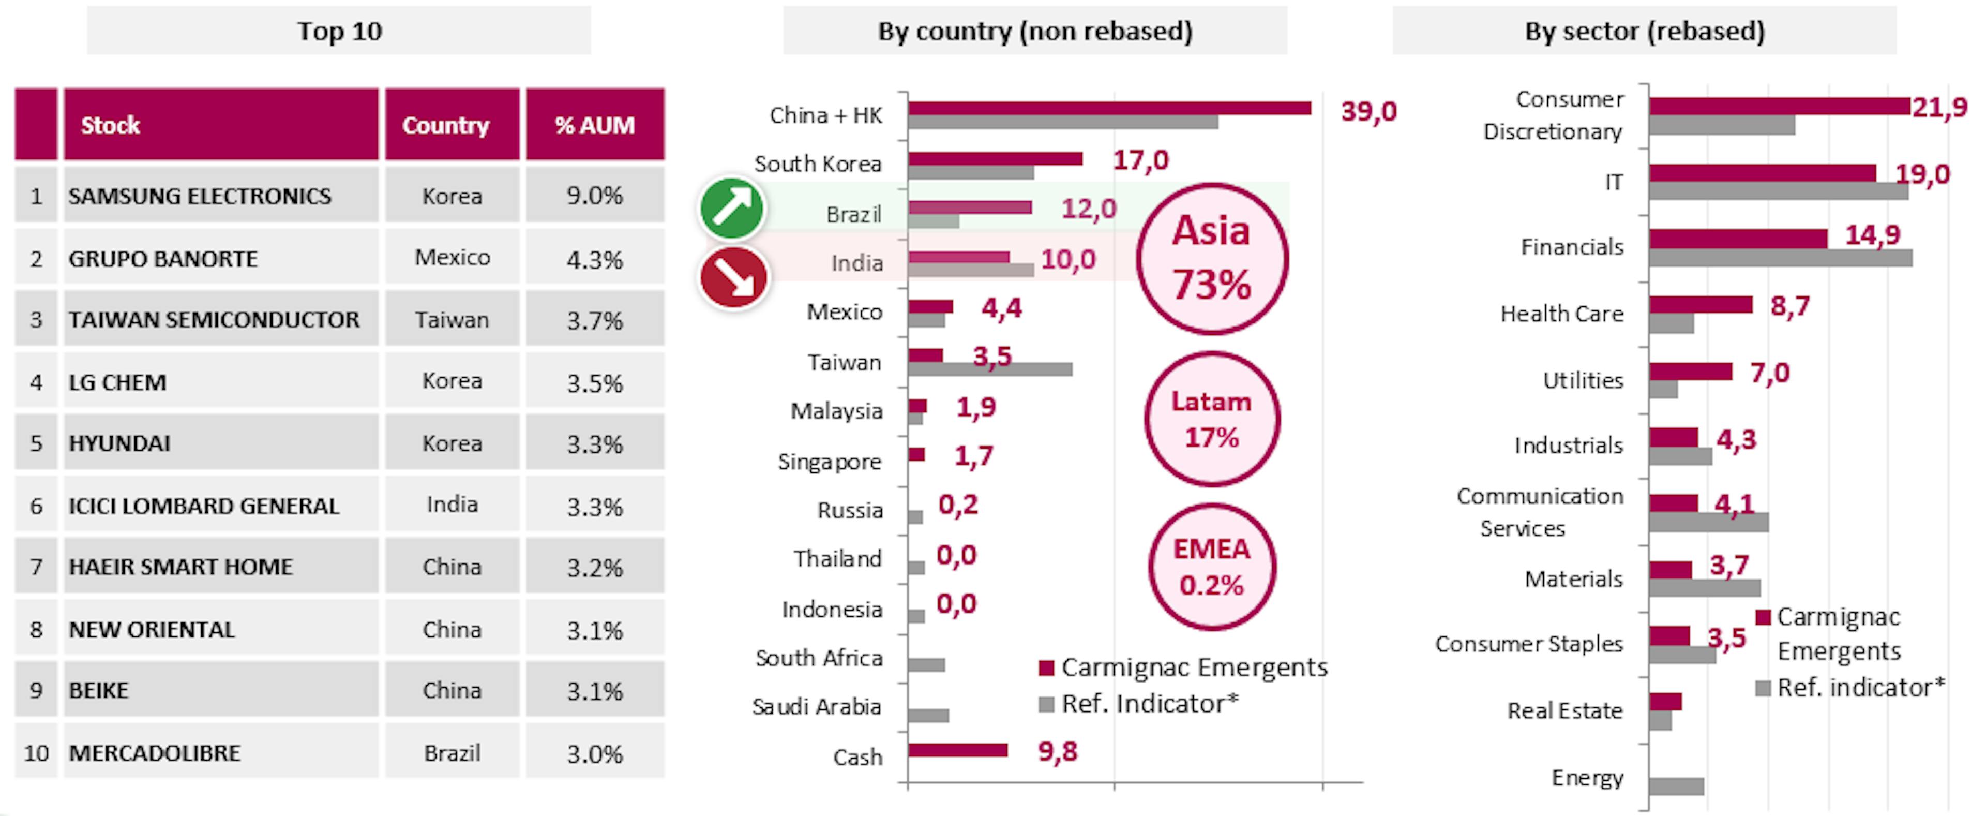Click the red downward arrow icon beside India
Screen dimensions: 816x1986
click(x=733, y=277)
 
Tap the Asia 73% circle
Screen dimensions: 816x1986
click(x=1211, y=258)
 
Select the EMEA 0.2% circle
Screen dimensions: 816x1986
click(x=1211, y=567)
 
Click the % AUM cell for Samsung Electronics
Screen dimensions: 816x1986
click(x=594, y=196)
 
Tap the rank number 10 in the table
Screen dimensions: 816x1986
click(x=36, y=753)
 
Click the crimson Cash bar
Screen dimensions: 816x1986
click(x=957, y=750)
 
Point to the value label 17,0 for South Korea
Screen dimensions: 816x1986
click(x=1140, y=160)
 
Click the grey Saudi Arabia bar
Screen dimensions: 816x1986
click(x=928, y=716)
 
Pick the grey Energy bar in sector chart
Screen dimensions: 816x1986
click(x=1676, y=787)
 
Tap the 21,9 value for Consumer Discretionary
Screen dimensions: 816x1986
click(x=1939, y=107)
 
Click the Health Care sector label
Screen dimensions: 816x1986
click(x=1561, y=314)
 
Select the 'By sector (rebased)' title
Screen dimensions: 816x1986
click(x=1645, y=31)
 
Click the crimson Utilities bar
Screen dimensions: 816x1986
click(x=1691, y=372)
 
